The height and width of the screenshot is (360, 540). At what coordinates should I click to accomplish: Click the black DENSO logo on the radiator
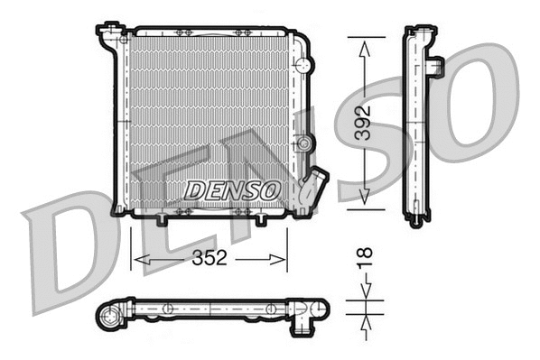pyautogui.click(x=232, y=190)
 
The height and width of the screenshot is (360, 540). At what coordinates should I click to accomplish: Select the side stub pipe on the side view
pyautogui.click(x=436, y=67)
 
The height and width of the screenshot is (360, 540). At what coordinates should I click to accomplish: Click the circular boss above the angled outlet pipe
pyautogui.click(x=306, y=144)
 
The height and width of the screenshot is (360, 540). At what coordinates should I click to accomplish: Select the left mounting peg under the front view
pyautogui.click(x=161, y=220)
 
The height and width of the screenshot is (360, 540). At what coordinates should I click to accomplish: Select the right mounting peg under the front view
pyautogui.click(x=261, y=220)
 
